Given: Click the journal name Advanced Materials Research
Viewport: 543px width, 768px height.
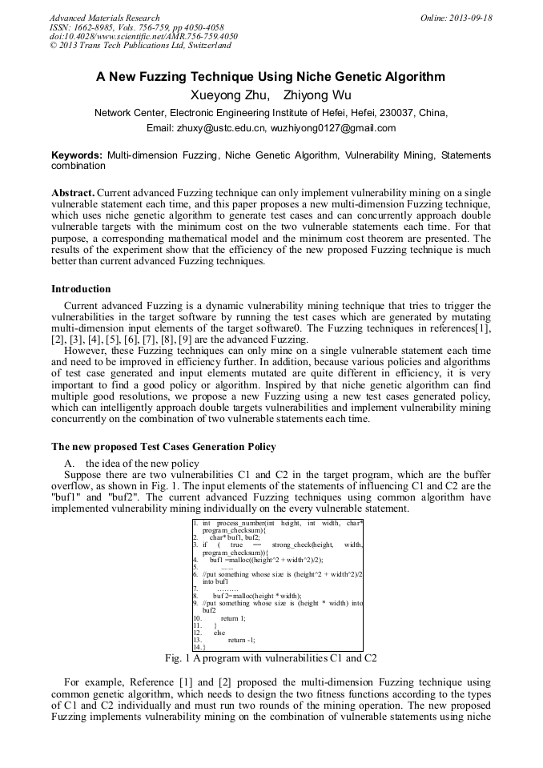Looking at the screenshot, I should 104,18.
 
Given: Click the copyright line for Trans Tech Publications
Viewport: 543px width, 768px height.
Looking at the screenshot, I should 140,46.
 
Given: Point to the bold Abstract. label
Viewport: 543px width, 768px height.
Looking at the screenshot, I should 73,193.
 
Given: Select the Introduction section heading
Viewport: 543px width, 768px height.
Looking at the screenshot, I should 81,289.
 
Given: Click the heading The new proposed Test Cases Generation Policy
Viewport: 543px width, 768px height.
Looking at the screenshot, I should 163,446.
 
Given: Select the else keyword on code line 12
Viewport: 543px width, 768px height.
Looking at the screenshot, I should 219,632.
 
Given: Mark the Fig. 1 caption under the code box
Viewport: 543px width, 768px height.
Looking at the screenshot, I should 271,658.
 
